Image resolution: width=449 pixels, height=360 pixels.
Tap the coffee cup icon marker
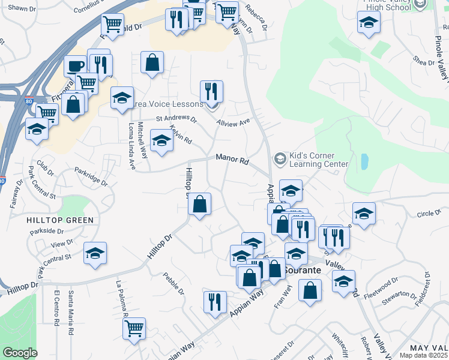(x=76, y=66)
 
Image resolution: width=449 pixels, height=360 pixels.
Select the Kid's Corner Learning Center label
(x=319, y=160)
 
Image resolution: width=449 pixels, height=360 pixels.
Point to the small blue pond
(x=364, y=161)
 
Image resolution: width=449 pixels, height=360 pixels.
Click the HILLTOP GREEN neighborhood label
(x=60, y=220)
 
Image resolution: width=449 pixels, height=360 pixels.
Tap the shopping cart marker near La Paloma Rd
(x=134, y=329)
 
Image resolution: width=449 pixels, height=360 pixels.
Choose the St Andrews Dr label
(x=176, y=119)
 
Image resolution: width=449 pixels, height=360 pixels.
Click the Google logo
(x=20, y=353)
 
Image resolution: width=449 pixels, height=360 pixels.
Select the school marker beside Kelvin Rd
(x=161, y=142)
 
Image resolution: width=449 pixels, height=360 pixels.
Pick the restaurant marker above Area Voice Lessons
(x=211, y=91)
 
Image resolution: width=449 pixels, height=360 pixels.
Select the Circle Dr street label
(x=429, y=214)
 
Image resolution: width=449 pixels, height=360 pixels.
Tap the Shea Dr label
(x=423, y=62)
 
